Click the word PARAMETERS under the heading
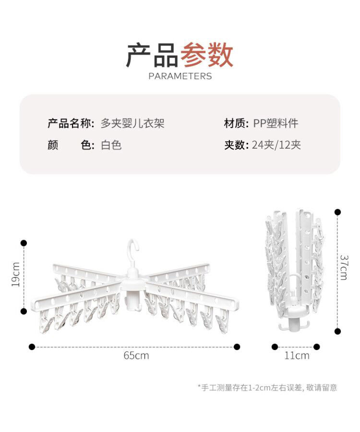pyautogui.click(x=180, y=76)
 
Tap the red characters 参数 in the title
pyautogui.click(x=207, y=55)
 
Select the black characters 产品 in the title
pyautogui.click(x=152, y=55)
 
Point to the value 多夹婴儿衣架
pyautogui.click(x=132, y=124)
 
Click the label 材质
pyautogui.click(x=236, y=124)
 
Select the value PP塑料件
pyautogui.click(x=276, y=124)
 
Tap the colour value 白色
pyautogui.click(x=111, y=145)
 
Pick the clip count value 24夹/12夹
pyautogui.click(x=276, y=145)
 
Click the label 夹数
pyautogui.click(x=236, y=145)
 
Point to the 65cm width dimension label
pyautogui.click(x=136, y=356)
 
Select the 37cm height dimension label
pyautogui.click(x=344, y=267)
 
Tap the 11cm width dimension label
pyautogui.click(x=297, y=356)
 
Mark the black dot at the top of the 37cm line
pyautogui.click(x=338, y=211)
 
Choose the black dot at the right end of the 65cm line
pyautogui.click(x=237, y=346)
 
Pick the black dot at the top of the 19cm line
pyautogui.click(x=24, y=243)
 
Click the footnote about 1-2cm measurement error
pyautogui.click(x=267, y=387)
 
